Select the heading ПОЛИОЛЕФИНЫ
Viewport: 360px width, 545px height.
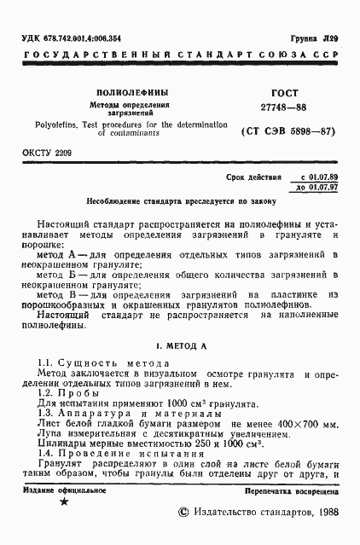(131, 91)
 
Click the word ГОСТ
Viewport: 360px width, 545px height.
(268, 90)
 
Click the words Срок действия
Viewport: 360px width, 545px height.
(253, 177)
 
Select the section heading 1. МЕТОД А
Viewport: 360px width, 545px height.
(179, 347)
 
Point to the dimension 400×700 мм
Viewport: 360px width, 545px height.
(307, 422)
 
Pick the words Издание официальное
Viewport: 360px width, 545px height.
(65, 490)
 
